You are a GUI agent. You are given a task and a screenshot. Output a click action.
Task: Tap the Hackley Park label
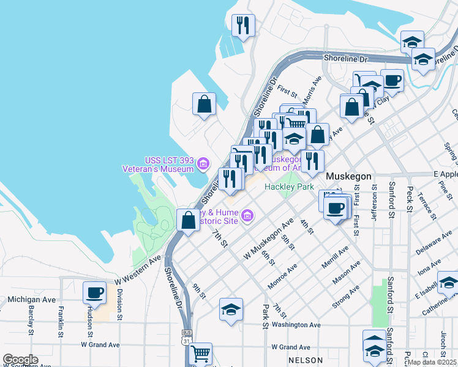click(x=288, y=187)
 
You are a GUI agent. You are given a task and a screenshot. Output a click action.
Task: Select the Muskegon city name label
click(x=348, y=176)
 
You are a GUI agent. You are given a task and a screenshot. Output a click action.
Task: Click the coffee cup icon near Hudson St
click(x=94, y=293)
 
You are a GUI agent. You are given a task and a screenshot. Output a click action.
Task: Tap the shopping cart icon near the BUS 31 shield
click(x=201, y=354)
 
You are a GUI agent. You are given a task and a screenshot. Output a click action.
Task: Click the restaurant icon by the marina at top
click(x=244, y=25)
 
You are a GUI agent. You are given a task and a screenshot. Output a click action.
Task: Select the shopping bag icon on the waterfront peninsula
click(x=205, y=103)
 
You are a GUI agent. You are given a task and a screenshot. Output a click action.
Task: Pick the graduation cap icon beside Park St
click(x=231, y=310)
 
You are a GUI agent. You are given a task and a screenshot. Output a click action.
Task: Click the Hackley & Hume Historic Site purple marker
click(x=247, y=215)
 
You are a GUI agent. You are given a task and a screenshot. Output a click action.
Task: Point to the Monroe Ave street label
click(x=283, y=276)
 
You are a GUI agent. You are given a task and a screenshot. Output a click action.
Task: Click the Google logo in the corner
click(x=20, y=360)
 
